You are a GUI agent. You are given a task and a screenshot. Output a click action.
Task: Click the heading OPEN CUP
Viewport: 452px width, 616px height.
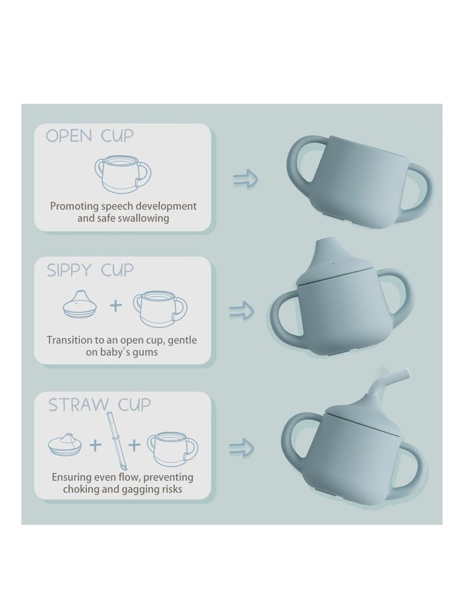(x=90, y=136)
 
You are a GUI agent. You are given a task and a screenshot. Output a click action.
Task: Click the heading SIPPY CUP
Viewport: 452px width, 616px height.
(x=90, y=270)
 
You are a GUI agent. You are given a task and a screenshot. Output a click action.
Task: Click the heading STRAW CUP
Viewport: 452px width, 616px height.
(x=99, y=405)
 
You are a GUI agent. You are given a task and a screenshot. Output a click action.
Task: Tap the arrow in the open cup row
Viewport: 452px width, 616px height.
(x=246, y=179)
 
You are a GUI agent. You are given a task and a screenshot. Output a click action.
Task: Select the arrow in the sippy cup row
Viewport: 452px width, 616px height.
(x=241, y=311)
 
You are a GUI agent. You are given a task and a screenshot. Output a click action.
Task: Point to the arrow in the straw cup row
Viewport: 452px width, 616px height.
(x=241, y=448)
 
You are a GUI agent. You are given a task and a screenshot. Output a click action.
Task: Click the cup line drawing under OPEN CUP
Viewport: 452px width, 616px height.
(x=123, y=174)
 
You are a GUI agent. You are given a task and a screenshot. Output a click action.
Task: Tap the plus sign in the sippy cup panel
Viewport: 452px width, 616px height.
(x=116, y=305)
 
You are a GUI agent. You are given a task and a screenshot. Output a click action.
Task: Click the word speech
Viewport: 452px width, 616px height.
(x=117, y=206)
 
